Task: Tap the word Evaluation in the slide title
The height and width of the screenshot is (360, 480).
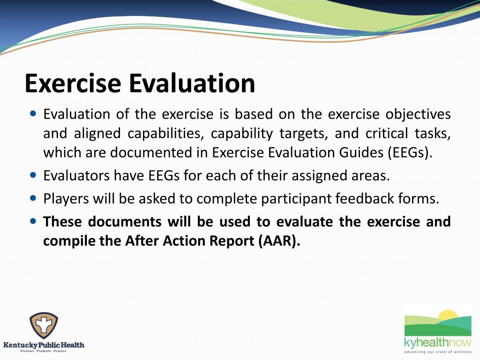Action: pos(192,83)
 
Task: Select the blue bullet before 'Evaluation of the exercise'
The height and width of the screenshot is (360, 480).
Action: pos(33,114)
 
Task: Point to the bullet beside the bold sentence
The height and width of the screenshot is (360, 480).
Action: pos(33,220)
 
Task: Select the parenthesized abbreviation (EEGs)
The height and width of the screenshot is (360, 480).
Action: pos(408,153)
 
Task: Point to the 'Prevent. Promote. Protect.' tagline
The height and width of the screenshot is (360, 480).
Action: pos(44,351)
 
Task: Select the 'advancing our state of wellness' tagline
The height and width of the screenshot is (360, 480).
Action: pos(438,352)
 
